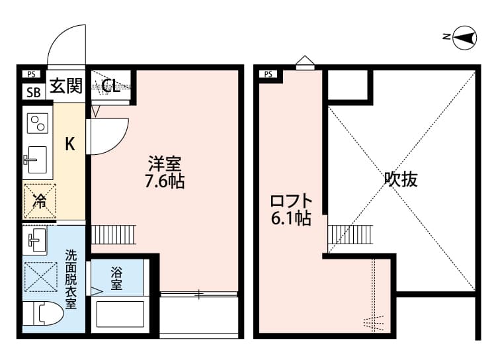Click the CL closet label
(111, 86)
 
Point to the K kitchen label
(69, 144)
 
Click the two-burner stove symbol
(37, 124)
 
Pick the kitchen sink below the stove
(36, 159)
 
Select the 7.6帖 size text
(165, 181)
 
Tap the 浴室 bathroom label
(116, 278)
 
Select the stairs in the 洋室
(112, 234)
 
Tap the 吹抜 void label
(401, 179)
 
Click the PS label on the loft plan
(269, 74)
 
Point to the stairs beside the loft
(349, 234)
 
